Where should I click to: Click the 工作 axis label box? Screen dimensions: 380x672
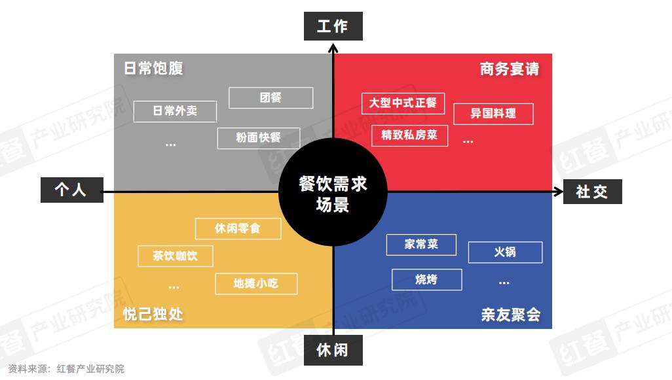pyautogui.click(x=333, y=26)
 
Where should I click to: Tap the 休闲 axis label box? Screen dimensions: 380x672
pyautogui.click(x=333, y=350)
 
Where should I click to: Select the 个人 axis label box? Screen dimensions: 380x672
pyautogui.click(x=71, y=190)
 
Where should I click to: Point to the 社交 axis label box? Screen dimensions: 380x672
pyautogui.click(x=592, y=192)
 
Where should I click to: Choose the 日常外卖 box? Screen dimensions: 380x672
pyautogui.click(x=175, y=111)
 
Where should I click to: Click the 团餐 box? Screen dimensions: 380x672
pyautogui.click(x=271, y=98)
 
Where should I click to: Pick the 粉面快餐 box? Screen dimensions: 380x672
pyautogui.click(x=259, y=138)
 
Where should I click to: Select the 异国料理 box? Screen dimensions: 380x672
pyautogui.click(x=493, y=114)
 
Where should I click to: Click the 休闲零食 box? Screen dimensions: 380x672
pyautogui.click(x=238, y=228)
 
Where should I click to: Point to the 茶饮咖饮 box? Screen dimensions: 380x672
pyautogui.click(x=176, y=256)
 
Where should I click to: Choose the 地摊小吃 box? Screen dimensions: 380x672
pyautogui.click(x=256, y=284)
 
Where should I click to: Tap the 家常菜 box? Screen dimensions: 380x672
pyautogui.click(x=421, y=245)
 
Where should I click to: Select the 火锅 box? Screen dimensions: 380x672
pyautogui.click(x=505, y=252)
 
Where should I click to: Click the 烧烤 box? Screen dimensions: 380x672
pyautogui.click(x=426, y=279)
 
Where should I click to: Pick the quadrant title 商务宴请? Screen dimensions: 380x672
pyautogui.click(x=510, y=69)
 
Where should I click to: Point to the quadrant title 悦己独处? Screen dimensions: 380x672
pyautogui.click(x=153, y=314)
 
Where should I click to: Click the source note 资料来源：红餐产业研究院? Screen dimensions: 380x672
pyautogui.click(x=66, y=369)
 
